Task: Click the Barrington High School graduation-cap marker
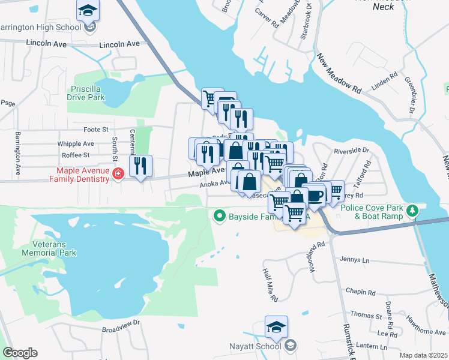coord(88,11)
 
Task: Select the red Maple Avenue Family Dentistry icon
coord(118,174)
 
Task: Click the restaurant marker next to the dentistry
coord(140,166)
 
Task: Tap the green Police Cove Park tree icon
coord(412,211)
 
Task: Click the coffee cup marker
coord(316,196)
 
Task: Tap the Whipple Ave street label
coord(76,144)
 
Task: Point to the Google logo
coord(20,353)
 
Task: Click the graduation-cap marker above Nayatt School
coord(276,328)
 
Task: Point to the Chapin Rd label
coord(360,291)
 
